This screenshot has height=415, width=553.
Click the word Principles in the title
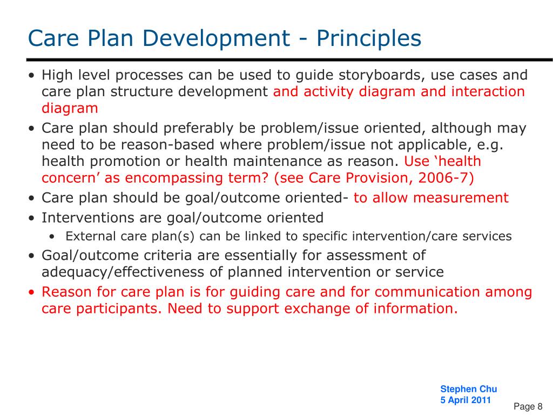click(368, 39)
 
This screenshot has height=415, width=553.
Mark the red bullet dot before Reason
click(32, 292)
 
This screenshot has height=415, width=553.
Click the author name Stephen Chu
click(469, 389)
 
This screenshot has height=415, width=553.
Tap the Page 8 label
click(528, 406)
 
